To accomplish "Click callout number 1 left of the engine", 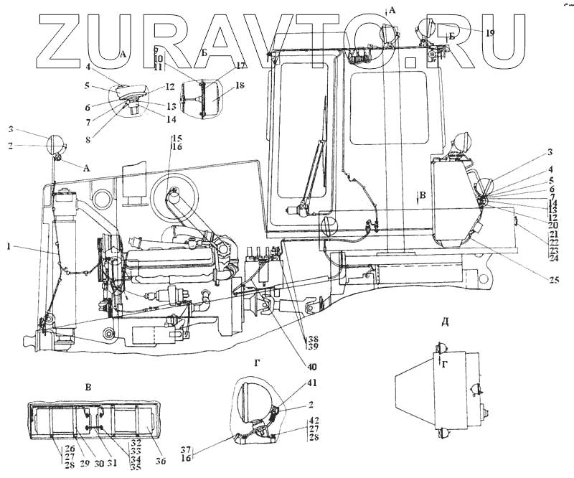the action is point(9,246).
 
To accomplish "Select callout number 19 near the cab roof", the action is point(490,33).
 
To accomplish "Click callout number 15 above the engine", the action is point(177,137).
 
